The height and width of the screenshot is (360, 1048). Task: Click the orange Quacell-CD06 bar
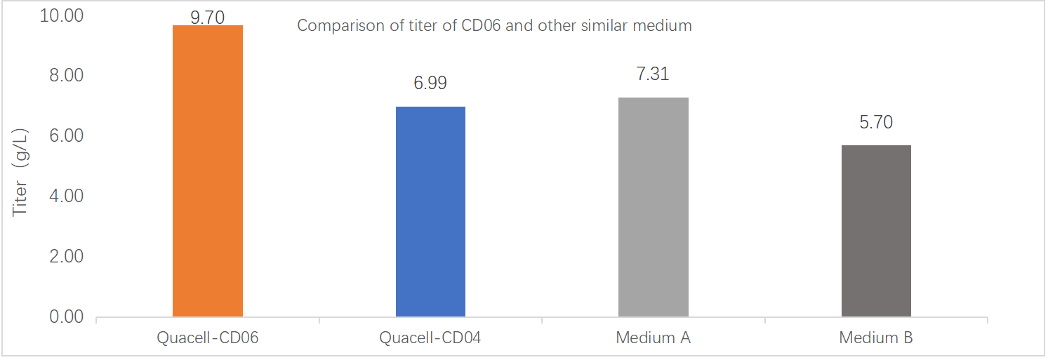pos(207,171)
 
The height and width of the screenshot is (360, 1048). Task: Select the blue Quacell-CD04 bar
pos(430,211)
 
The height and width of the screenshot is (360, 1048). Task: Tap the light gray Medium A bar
pos(653,206)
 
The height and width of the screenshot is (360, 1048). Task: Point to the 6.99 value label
pos(430,84)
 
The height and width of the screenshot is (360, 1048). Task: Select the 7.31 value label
pos(653,74)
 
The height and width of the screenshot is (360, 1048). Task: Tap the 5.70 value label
pos(876,122)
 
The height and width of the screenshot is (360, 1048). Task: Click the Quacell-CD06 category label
pos(207,338)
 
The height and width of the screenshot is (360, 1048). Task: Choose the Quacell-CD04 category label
pos(430,338)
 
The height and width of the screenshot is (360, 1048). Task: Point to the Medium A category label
pos(653,338)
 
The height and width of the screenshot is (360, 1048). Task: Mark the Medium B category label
pos(876,338)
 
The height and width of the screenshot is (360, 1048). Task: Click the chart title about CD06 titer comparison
pos(494,26)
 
